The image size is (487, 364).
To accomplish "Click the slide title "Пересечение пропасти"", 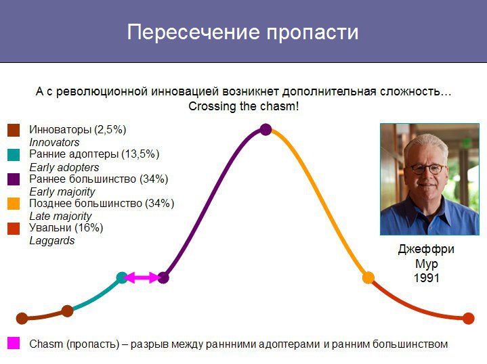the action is click(x=242, y=32).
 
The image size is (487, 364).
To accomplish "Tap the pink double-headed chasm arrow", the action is click(x=142, y=277).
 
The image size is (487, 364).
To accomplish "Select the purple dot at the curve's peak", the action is click(x=266, y=129).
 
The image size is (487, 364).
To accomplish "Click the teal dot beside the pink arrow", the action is click(x=122, y=277).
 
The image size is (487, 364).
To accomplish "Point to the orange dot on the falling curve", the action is click(x=368, y=277).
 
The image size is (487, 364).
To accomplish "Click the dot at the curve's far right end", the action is click(x=468, y=319).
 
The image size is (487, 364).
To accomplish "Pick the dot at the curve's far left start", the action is click(x=22, y=319).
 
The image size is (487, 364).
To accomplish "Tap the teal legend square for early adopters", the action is click(x=14, y=155).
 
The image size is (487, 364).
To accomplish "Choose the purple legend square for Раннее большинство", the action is click(x=14, y=179).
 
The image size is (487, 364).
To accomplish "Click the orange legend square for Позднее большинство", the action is click(x=14, y=204).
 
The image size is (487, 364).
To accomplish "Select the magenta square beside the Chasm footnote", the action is click(x=14, y=343).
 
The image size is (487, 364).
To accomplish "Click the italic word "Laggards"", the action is click(x=52, y=241).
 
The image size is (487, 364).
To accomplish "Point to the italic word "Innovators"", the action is click(x=54, y=143).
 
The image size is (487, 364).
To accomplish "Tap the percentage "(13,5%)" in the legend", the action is click(x=140, y=154).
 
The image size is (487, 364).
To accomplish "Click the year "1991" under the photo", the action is click(x=427, y=277).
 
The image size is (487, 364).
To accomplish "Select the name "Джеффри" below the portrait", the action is click(x=426, y=249).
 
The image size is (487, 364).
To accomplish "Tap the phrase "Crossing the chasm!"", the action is click(x=244, y=106).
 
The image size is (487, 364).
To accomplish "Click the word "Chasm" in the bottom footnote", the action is click(x=46, y=344).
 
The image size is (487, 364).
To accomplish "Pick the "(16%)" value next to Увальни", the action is click(x=89, y=228).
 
